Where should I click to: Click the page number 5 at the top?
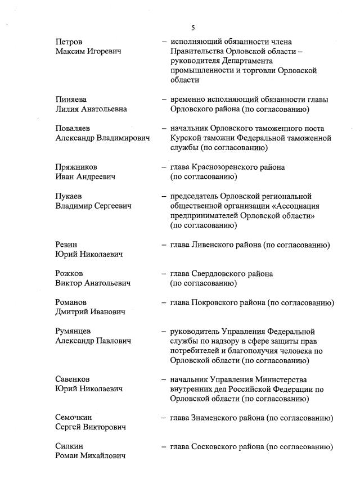tap(193, 26)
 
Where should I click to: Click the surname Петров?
tap(69, 42)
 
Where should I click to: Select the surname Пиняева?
tap(71, 100)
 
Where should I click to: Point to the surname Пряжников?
tap(76, 167)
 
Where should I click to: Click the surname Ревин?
tap(66, 245)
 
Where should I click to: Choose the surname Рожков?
tap(69, 273)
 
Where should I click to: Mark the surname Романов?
tap(71, 302)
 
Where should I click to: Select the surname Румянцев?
tap(73, 331)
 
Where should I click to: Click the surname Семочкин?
tap(74, 418)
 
